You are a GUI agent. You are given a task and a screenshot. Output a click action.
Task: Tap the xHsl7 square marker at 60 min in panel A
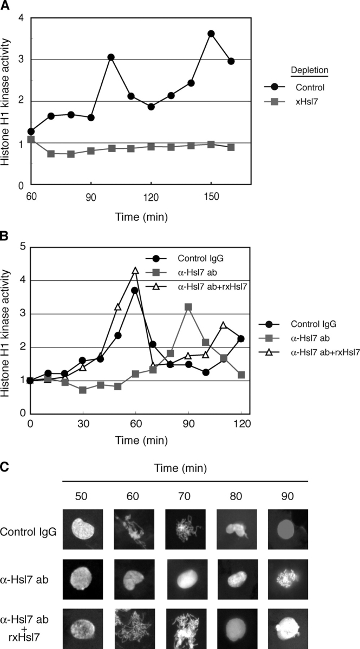31,139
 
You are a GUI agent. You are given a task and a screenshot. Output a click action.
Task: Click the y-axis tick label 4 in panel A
21,18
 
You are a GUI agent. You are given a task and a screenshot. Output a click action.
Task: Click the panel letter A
5,5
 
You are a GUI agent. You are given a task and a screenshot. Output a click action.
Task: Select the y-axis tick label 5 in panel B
21,247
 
